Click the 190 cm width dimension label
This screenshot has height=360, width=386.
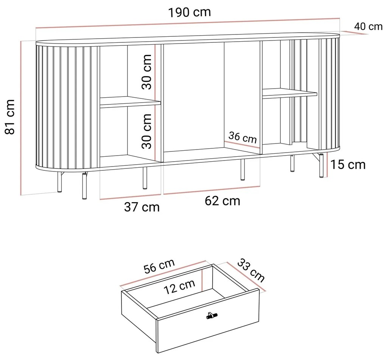(x=189, y=12)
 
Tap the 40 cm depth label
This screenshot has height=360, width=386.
(x=368, y=26)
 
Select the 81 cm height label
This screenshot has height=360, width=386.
(x=10, y=117)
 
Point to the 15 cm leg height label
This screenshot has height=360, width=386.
(x=348, y=165)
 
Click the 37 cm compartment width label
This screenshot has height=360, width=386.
(x=142, y=207)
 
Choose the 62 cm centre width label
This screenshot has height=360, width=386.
(x=222, y=201)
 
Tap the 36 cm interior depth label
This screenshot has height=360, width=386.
(x=243, y=137)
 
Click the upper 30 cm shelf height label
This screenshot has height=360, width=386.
(x=146, y=72)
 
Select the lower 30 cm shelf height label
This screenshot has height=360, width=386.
(x=146, y=131)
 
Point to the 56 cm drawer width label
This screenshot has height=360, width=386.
(x=159, y=266)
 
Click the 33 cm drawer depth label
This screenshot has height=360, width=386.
(x=251, y=270)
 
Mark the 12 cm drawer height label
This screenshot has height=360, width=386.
(x=179, y=287)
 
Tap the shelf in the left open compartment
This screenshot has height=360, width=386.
(x=130, y=102)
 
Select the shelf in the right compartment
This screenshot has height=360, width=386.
(x=289, y=94)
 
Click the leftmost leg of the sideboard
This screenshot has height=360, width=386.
(x=59, y=182)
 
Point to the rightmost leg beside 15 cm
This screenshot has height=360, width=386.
(x=321, y=165)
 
